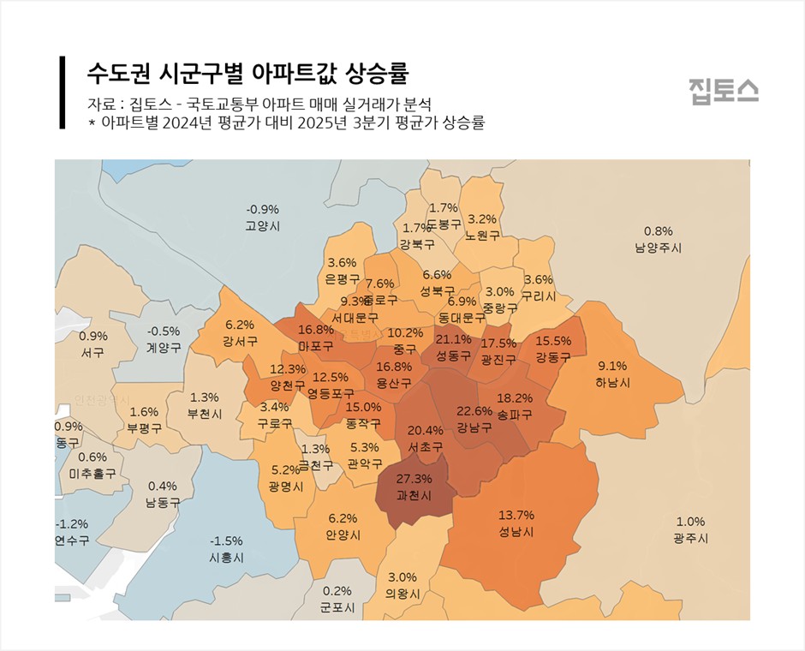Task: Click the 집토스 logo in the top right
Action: tap(723, 90)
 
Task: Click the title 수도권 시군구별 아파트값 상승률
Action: tap(247, 71)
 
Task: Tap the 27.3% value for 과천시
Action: tap(414, 478)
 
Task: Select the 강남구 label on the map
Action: tap(474, 427)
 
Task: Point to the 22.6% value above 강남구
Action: tap(474, 411)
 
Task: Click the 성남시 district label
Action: tap(516, 532)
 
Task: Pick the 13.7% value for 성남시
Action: tap(516, 515)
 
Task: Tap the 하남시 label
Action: tap(612, 382)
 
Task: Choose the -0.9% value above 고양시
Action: tap(262, 209)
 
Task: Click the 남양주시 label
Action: tap(658, 248)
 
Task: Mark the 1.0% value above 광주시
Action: tap(690, 522)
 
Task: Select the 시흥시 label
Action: tap(226, 557)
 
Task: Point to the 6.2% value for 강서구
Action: tap(240, 325)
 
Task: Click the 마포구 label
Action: tap(316, 346)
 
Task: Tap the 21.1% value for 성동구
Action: tap(454, 339)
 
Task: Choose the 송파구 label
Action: tap(515, 415)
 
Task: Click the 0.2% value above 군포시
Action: tap(337, 590)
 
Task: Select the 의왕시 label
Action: tap(402, 594)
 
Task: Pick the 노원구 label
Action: tap(482, 236)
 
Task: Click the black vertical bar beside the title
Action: tap(63, 93)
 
